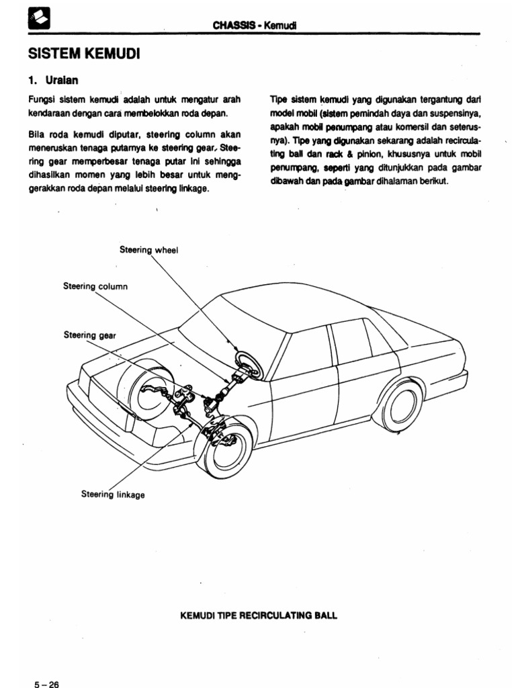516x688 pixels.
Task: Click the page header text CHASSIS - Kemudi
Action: (255, 26)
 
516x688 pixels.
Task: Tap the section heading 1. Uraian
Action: (53, 80)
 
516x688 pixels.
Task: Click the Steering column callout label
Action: (95, 286)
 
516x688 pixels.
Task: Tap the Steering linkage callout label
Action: (112, 494)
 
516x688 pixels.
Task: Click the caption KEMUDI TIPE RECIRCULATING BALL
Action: (258, 614)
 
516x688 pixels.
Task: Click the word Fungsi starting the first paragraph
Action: (40, 99)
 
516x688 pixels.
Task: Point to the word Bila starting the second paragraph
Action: (36, 134)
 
